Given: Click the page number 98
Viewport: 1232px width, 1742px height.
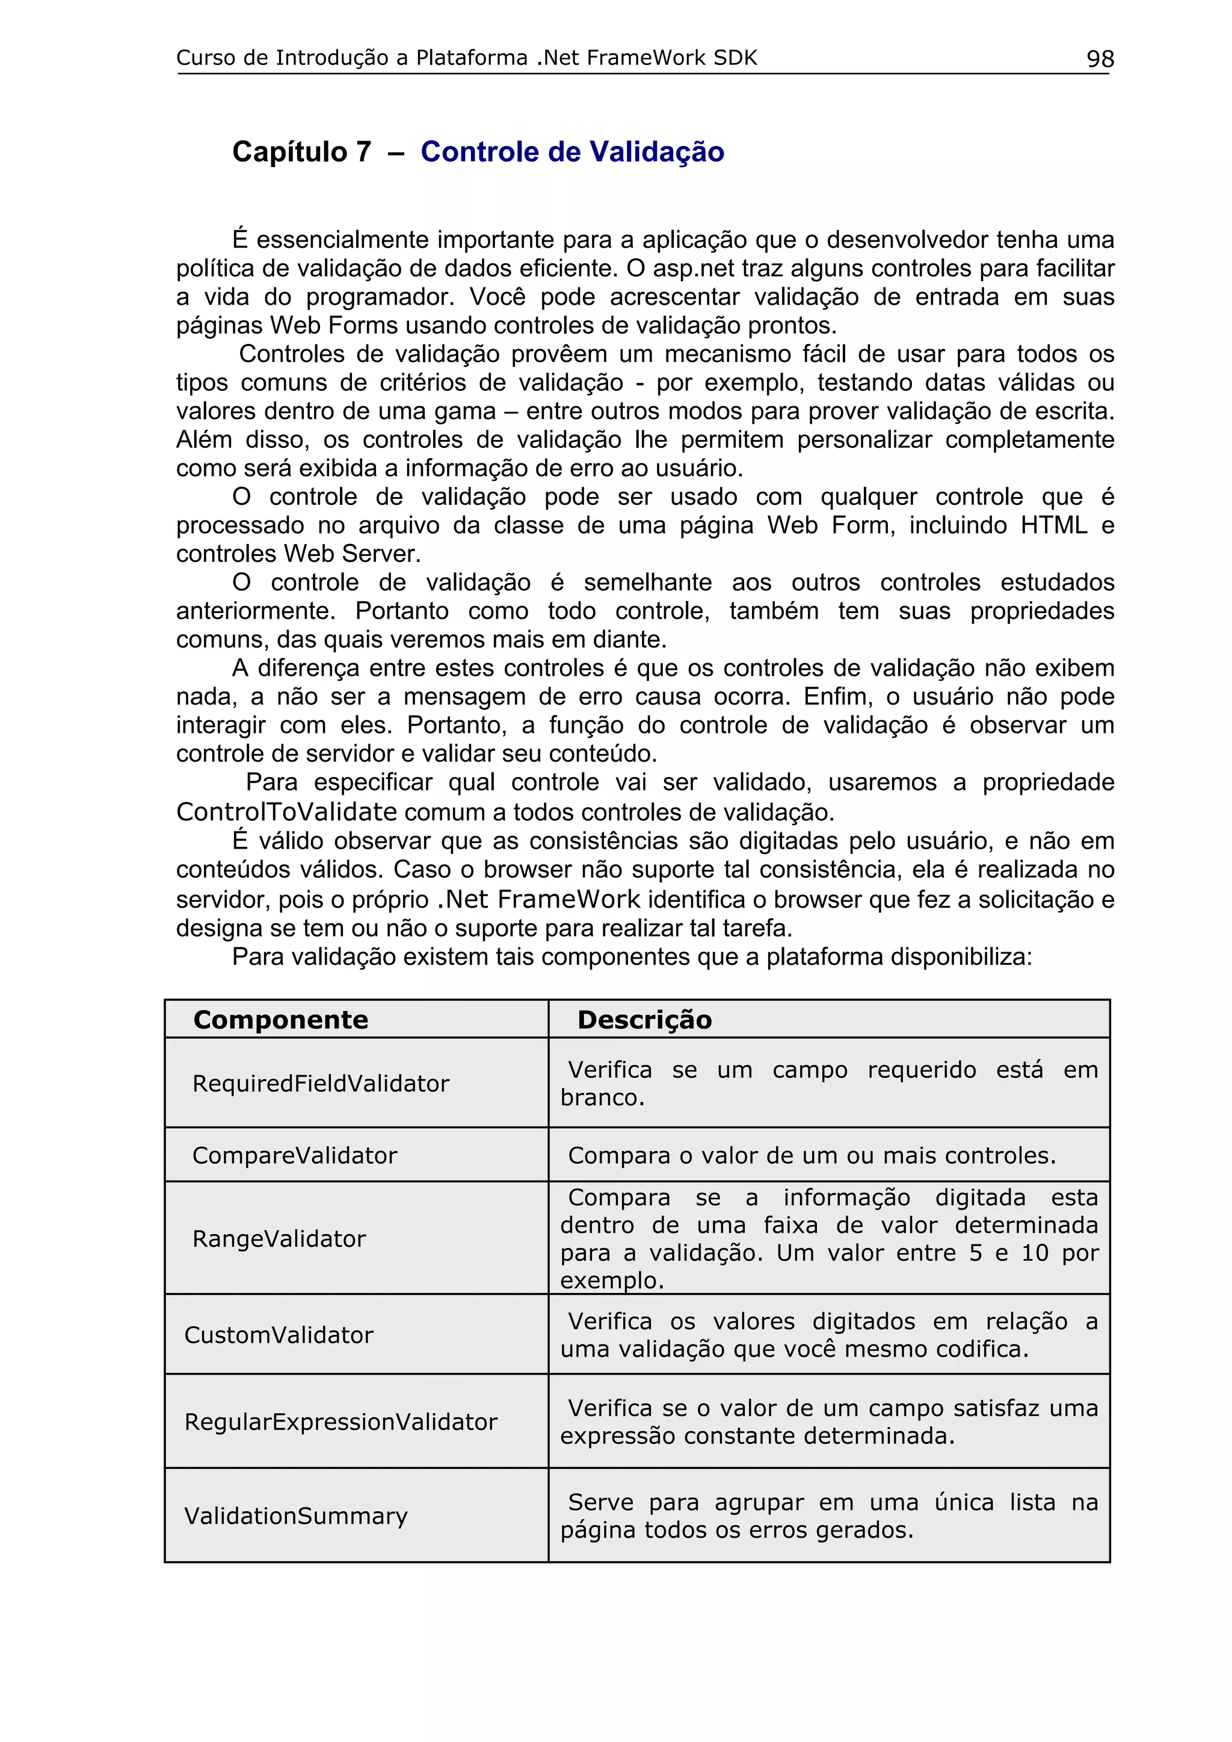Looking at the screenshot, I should click(1100, 58).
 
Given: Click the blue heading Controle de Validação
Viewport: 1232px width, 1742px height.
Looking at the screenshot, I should click(572, 151).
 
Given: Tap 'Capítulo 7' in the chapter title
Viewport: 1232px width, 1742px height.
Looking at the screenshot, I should click(301, 151).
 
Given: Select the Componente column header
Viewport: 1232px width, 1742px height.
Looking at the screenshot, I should click(280, 1019).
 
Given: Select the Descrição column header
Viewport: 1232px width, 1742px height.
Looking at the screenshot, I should click(644, 1019).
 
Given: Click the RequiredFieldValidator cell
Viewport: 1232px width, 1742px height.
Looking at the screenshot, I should click(321, 1083).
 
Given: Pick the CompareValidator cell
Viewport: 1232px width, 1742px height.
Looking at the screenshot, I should click(295, 1155).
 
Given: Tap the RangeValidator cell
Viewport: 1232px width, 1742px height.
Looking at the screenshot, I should click(279, 1239).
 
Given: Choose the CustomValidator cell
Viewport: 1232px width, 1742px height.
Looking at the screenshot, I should click(279, 1335).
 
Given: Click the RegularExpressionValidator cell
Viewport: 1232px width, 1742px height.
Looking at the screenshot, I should click(341, 1422).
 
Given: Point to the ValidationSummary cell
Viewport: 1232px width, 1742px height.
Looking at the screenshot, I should click(296, 1516).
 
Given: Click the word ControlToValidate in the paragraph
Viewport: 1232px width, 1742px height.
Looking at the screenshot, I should click(286, 812).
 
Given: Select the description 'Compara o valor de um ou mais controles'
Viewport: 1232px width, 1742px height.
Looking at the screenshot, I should click(812, 1155).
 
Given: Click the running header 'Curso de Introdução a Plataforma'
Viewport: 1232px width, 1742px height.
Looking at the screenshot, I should click(351, 58).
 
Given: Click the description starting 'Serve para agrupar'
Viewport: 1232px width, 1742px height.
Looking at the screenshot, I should click(828, 1516).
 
